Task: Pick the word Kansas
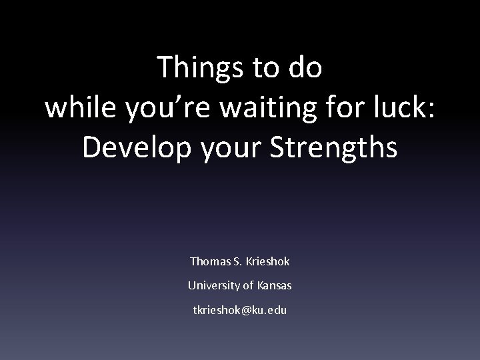(x=273, y=285)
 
